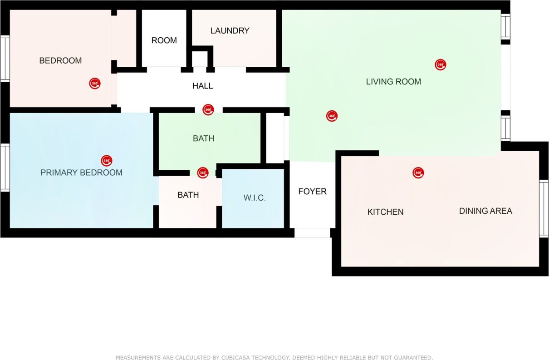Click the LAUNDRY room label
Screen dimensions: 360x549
[x=230, y=31]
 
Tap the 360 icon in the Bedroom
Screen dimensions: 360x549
[x=94, y=84]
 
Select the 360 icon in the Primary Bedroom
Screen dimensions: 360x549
[x=106, y=161]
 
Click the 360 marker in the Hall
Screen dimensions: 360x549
[x=208, y=109]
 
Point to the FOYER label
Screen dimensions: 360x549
[x=312, y=192]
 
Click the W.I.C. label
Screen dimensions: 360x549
[x=254, y=198]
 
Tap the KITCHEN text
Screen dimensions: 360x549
[x=385, y=212]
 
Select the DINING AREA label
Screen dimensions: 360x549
[x=485, y=211]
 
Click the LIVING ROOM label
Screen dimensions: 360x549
[x=393, y=82]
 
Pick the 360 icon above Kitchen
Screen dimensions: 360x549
[x=418, y=173]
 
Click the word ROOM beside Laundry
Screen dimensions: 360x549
[x=164, y=40]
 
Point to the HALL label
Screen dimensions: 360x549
[x=202, y=86]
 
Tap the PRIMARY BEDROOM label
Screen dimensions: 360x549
[x=81, y=173]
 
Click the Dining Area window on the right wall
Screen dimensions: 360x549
[x=544, y=208]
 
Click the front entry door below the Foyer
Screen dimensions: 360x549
[x=312, y=233]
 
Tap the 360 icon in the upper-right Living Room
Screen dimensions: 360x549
[x=440, y=64]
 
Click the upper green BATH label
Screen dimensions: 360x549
[x=203, y=138]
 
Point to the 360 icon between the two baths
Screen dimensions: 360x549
[x=203, y=173]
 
